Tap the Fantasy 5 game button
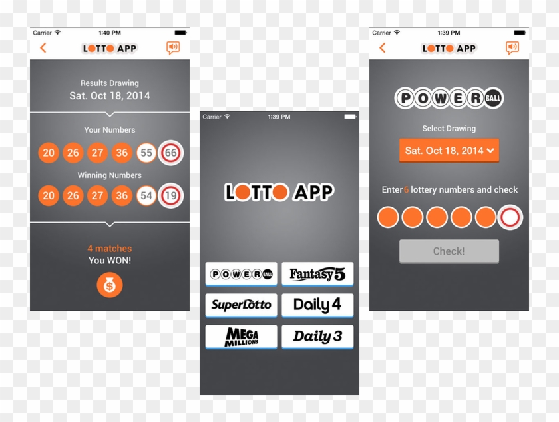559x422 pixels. [317, 274]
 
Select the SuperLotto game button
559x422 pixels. [241, 305]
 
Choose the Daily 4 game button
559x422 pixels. [317, 305]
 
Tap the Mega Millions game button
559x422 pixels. [241, 337]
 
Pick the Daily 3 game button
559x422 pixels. [317, 337]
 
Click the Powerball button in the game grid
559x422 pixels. [241, 274]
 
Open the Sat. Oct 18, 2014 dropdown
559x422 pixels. [449, 151]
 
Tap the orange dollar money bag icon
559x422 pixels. [110, 285]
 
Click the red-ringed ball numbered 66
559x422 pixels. [171, 153]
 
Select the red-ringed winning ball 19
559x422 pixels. [171, 196]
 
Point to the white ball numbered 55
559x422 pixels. [146, 153]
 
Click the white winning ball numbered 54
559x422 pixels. [146, 196]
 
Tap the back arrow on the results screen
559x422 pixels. [43, 48]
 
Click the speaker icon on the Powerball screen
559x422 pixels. [512, 48]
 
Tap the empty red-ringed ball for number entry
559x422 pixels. [510, 217]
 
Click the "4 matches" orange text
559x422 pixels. [110, 249]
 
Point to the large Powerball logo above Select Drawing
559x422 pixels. [449, 99]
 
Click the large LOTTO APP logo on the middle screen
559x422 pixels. [279, 193]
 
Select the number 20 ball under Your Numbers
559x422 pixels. [49, 153]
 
